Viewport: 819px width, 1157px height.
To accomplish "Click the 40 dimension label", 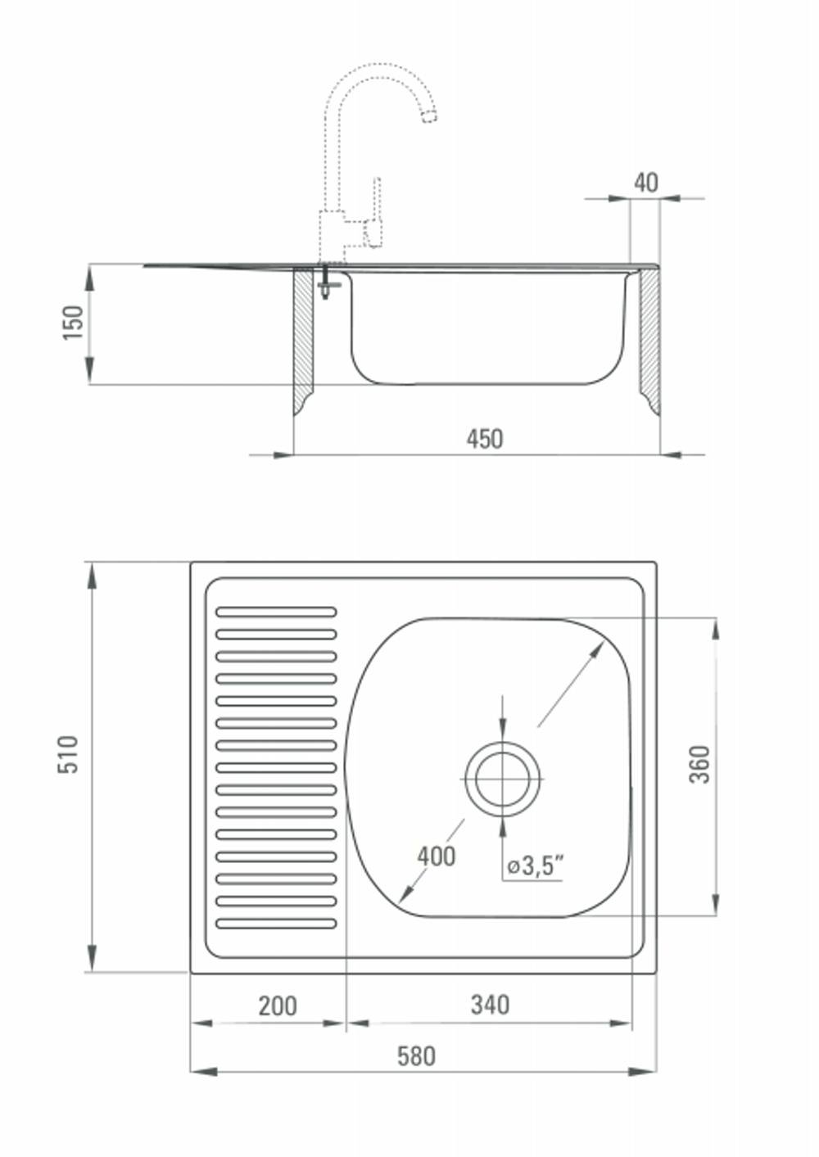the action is click(646, 183).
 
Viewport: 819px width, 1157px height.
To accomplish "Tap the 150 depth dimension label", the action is click(73, 323).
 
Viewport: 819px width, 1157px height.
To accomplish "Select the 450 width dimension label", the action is click(484, 439).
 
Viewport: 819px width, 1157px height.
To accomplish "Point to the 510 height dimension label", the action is click(68, 755).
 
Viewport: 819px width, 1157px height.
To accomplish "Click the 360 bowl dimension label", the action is click(700, 765).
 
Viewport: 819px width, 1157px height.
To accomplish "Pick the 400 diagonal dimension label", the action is click(437, 856).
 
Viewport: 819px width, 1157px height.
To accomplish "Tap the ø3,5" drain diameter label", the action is click(535, 865).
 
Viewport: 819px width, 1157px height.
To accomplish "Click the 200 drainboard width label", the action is click(278, 1006).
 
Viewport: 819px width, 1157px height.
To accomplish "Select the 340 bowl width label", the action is click(490, 1006).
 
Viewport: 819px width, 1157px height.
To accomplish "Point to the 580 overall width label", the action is click(417, 1056).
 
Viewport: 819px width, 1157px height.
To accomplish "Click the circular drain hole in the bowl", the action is click(502, 780).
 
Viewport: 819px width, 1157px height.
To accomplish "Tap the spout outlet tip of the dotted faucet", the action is click(430, 117).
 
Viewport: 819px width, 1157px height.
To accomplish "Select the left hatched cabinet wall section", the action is click(303, 338).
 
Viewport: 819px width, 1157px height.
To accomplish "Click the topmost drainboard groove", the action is click(277, 612).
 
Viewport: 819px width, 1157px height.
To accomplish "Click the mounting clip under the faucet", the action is click(326, 283).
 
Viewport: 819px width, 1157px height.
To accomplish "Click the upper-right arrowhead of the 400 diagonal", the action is click(596, 650).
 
